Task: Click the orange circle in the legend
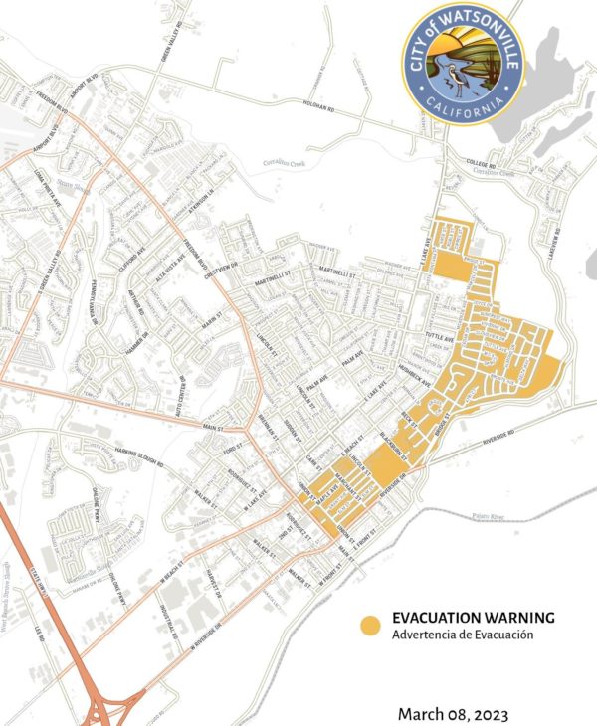coord(370,626)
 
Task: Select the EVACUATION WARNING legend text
coord(473,618)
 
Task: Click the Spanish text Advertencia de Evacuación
coord(464,635)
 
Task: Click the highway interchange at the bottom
coord(101,706)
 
